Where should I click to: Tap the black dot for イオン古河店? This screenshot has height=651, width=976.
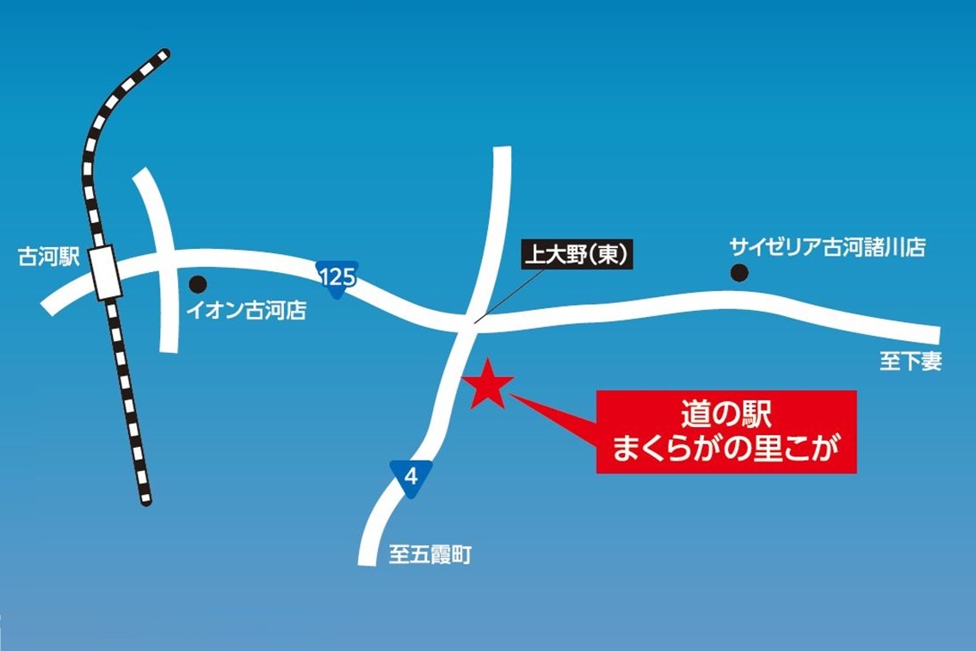point(198,282)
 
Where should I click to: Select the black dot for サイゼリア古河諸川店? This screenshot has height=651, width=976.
point(738,274)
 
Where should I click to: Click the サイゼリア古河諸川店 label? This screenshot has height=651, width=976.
point(827,248)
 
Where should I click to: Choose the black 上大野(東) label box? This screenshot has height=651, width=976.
point(579,255)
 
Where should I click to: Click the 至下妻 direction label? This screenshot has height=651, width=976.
point(911,363)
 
